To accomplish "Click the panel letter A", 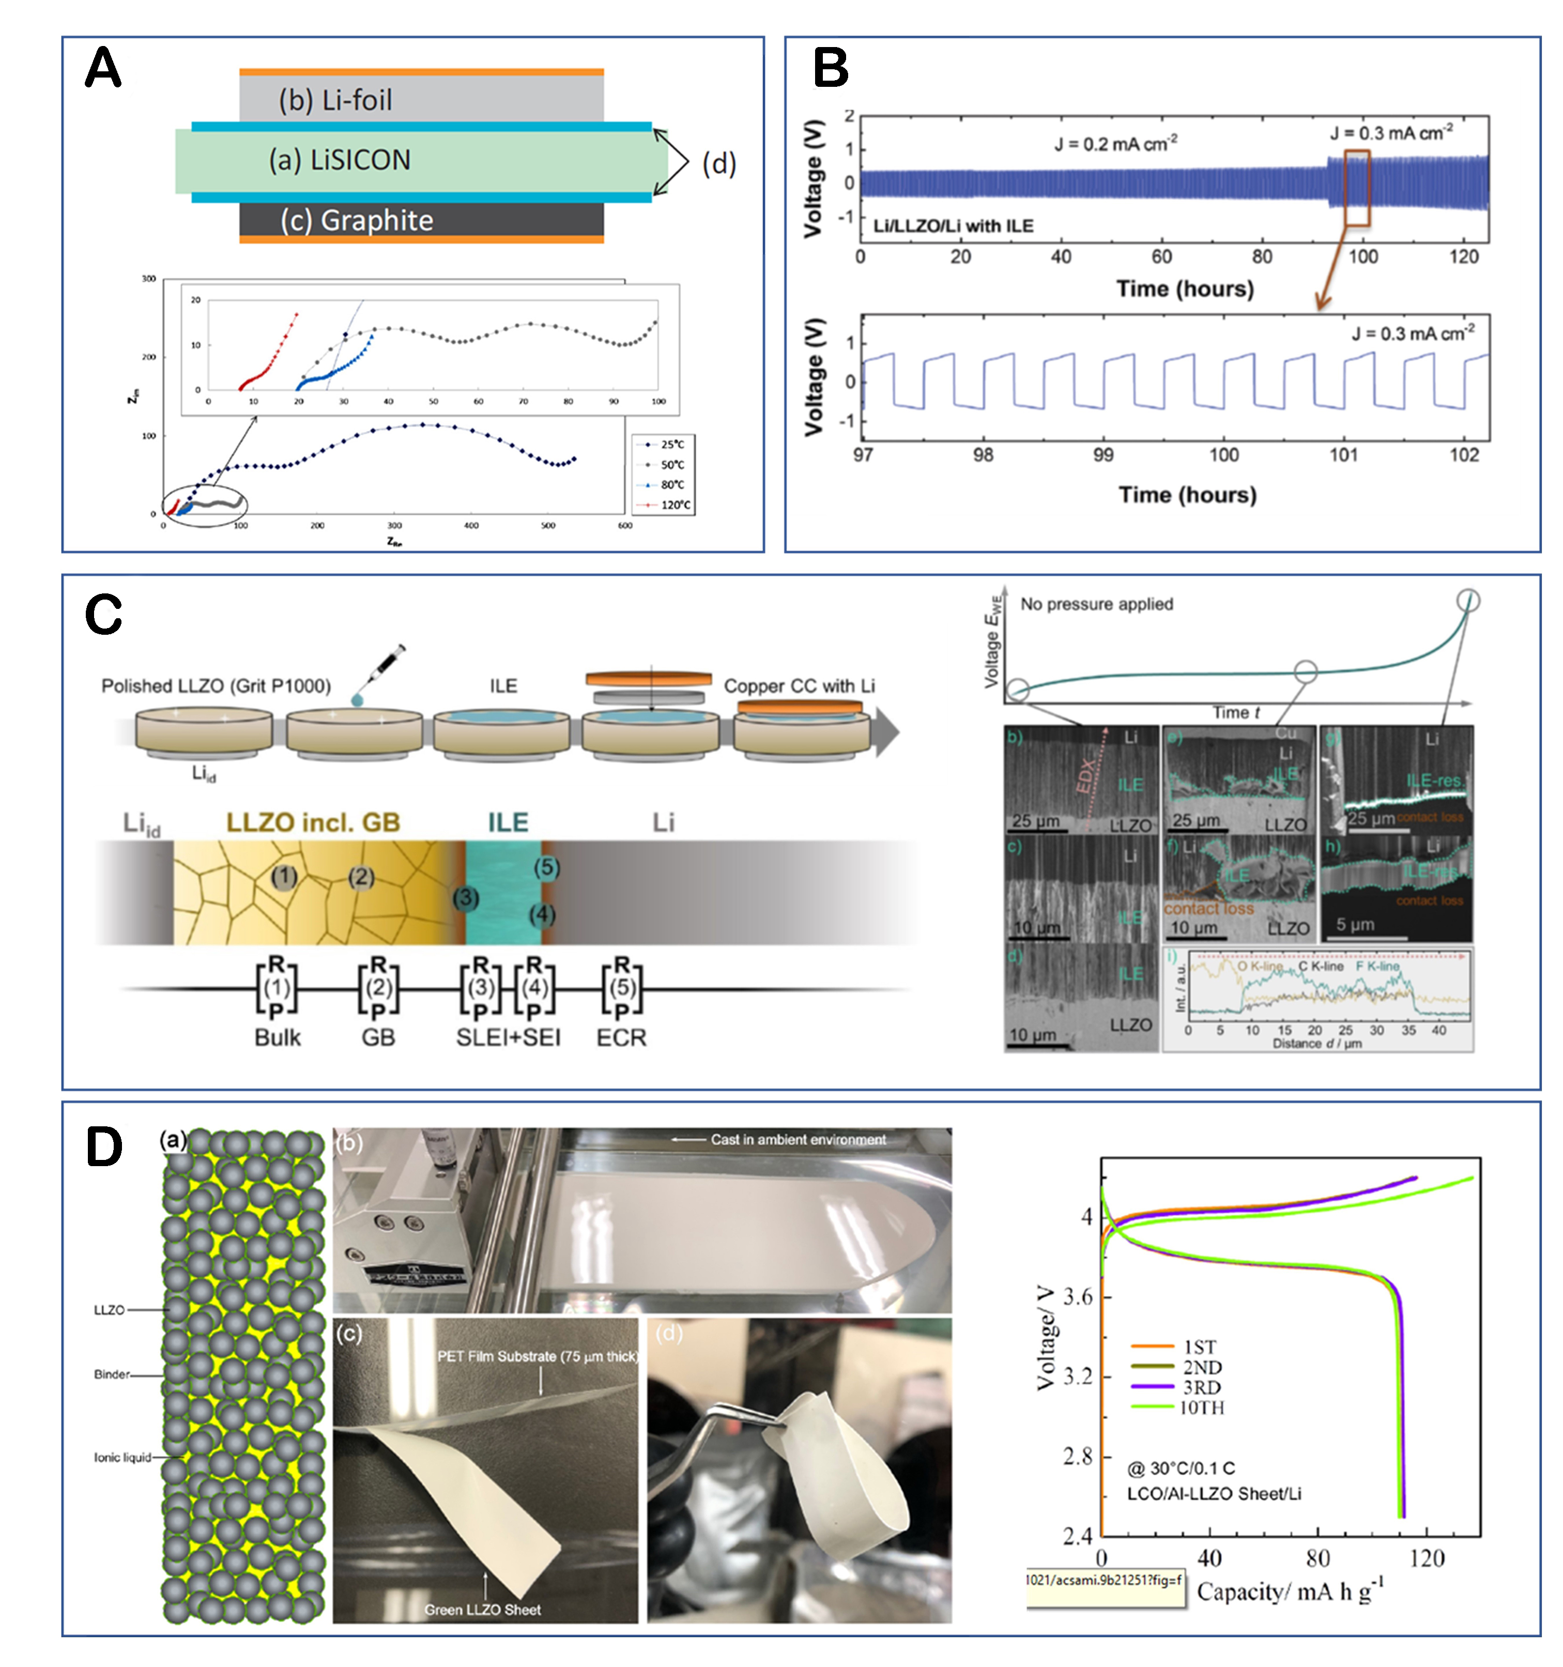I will (103, 69).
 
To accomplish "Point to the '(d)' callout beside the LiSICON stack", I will (718, 163).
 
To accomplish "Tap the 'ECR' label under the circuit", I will (621, 1038).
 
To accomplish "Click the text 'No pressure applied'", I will (1096, 604).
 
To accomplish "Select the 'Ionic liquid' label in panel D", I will (122, 1457).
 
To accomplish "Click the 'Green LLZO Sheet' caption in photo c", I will (482, 1609).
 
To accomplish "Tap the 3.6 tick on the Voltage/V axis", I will (1078, 1296).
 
